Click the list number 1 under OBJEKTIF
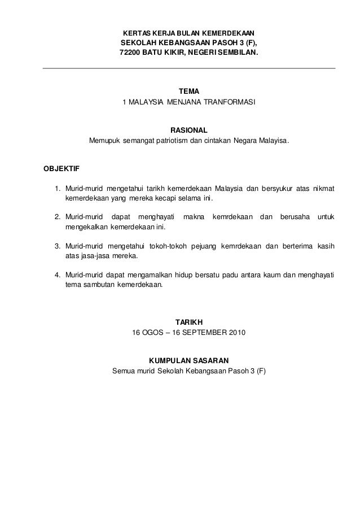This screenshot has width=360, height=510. click(x=57, y=188)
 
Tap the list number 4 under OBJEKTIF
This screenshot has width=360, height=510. click(x=57, y=274)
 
